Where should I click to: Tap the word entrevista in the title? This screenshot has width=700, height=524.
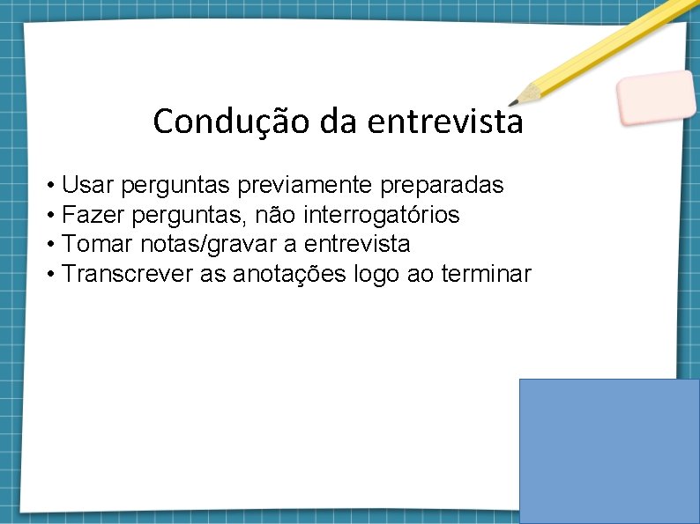tap(445, 122)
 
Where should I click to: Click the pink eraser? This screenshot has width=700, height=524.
tap(655, 97)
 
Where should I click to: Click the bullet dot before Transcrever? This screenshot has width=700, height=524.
tap(53, 275)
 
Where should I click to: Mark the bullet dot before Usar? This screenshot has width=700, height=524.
tap(53, 186)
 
